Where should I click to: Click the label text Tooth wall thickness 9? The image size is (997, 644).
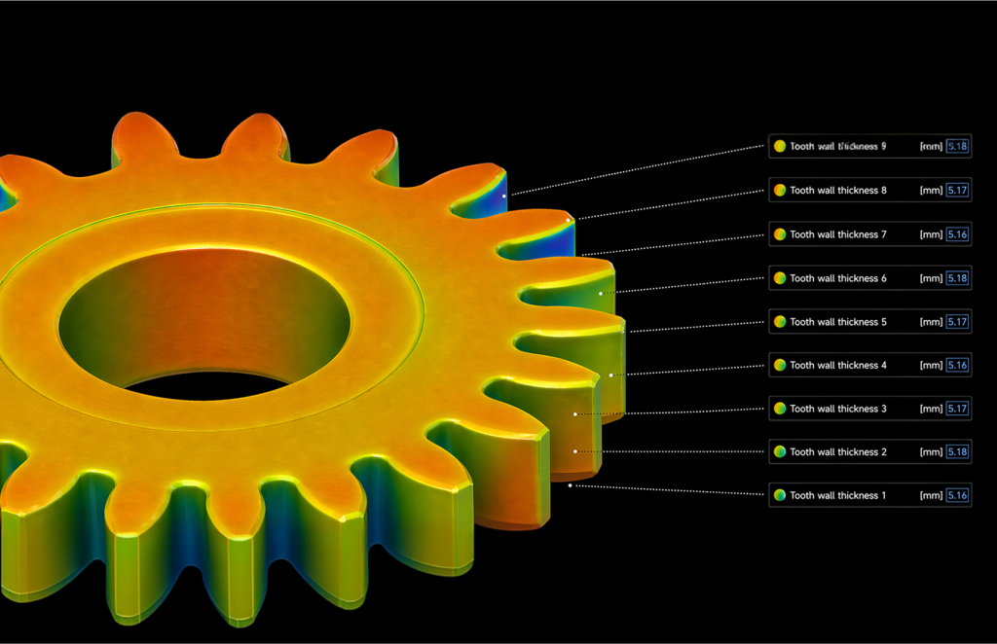click(837, 147)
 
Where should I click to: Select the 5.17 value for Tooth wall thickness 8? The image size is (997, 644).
click(957, 191)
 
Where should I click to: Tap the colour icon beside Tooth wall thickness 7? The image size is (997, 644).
click(779, 234)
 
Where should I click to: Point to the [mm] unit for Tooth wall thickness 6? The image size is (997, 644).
click(931, 278)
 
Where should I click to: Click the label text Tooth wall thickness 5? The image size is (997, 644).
click(837, 322)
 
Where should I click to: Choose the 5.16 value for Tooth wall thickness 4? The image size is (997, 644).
click(957, 366)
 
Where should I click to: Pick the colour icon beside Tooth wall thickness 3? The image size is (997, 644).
click(779, 409)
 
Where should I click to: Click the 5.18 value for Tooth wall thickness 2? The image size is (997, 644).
click(957, 452)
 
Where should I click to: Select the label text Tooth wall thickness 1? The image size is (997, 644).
click(837, 496)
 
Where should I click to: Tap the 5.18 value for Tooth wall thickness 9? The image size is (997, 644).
click(957, 147)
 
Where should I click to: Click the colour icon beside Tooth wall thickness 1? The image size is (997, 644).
click(779, 496)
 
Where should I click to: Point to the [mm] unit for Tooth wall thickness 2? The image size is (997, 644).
click(931, 452)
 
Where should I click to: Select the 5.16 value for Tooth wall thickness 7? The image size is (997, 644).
click(957, 234)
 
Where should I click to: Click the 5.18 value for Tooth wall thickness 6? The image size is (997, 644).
click(957, 278)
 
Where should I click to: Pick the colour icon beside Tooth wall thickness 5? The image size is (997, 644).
click(779, 322)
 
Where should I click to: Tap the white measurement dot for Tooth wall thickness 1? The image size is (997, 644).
click(571, 484)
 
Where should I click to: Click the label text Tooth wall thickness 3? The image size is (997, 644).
click(837, 409)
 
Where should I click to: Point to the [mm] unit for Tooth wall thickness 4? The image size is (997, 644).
click(931, 366)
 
